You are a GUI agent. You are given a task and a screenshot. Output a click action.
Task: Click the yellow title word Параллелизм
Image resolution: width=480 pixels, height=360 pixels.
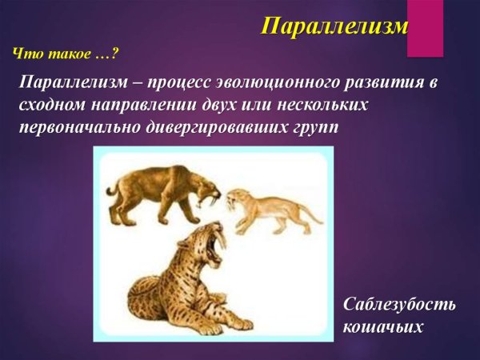coord(334,27)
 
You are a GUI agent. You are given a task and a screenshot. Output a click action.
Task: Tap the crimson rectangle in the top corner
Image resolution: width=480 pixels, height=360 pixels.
coord(425,28)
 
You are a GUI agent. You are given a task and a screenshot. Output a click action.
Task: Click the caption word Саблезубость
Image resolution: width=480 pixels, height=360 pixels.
coord(399,305)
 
